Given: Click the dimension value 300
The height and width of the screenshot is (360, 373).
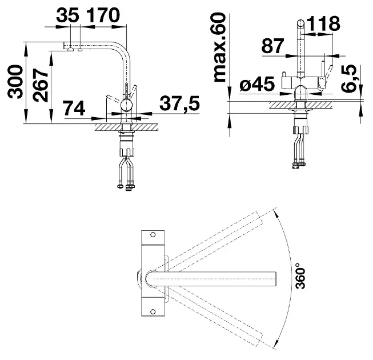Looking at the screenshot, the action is point(15,82).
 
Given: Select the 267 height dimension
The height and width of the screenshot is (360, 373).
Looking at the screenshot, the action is point(41,85).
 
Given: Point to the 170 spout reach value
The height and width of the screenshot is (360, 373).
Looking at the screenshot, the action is point(102,15).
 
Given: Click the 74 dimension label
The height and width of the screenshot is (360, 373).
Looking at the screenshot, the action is point(74,108).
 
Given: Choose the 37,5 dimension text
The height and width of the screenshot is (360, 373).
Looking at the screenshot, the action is point(179,103).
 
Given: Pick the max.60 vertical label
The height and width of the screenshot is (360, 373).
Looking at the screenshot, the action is point(219,48).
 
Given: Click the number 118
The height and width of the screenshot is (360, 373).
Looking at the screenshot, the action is point(323,23).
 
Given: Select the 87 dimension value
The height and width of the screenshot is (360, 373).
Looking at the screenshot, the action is point(272,46).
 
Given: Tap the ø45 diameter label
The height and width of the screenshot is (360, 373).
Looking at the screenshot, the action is point(257,84).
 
